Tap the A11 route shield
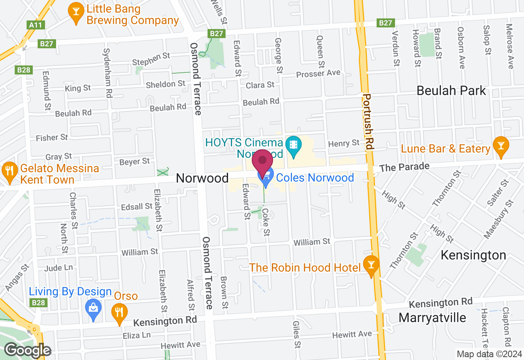36,25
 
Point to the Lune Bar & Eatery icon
501,147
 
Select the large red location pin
262,163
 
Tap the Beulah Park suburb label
451,90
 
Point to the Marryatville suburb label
432,318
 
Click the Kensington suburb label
473,255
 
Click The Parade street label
404,167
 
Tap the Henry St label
344,143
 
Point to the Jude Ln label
58,268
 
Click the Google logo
27,350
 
